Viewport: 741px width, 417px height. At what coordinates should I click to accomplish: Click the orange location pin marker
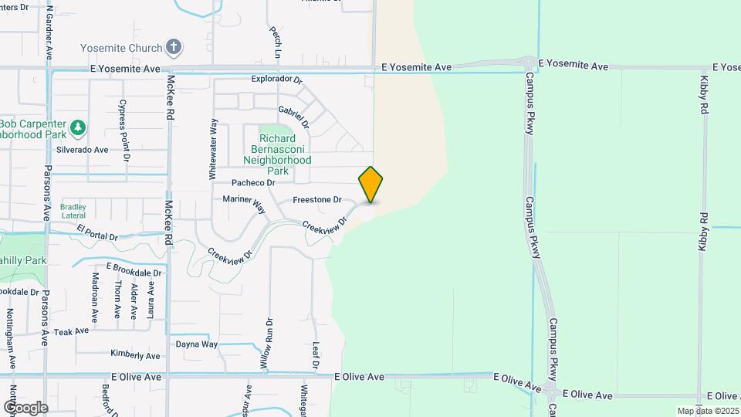370,185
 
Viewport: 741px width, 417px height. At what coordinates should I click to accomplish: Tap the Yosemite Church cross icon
174,48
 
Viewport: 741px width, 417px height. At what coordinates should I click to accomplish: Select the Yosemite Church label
134,48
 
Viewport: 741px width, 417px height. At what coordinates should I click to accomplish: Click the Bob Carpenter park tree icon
77,127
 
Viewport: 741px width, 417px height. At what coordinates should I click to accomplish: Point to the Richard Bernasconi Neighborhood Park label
276,154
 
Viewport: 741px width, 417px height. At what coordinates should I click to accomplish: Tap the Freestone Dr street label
316,200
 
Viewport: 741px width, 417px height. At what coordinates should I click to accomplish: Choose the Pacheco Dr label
253,183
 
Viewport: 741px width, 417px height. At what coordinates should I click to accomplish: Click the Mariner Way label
243,204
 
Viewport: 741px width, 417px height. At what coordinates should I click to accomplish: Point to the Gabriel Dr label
294,117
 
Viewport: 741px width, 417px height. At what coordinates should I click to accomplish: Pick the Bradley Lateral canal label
73,211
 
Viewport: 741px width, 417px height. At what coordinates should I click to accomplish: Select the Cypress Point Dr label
123,129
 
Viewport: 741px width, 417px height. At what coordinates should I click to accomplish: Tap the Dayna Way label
197,344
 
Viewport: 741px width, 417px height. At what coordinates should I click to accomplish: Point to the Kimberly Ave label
135,355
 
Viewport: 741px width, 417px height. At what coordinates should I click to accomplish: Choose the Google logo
25,407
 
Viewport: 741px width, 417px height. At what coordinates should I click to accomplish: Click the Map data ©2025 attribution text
706,411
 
